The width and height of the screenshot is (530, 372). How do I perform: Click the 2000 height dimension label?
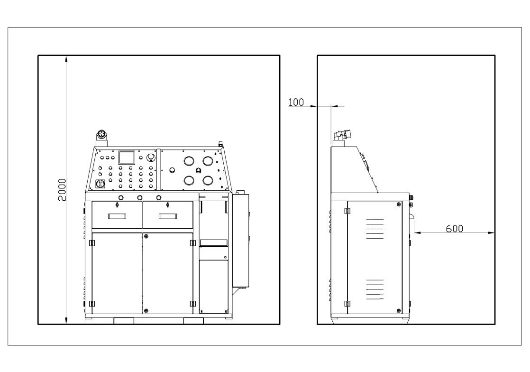click(x=62, y=190)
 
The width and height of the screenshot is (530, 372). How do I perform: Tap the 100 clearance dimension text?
click(x=296, y=102)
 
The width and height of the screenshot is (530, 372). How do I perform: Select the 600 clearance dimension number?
click(x=454, y=229)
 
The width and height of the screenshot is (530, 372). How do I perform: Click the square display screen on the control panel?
click(x=127, y=158)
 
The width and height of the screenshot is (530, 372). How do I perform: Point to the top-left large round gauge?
click(x=189, y=161)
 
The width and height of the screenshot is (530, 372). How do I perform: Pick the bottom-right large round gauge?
click(x=208, y=180)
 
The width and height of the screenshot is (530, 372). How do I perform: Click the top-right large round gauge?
click(x=208, y=161)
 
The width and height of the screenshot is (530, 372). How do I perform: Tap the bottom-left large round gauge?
click(x=189, y=180)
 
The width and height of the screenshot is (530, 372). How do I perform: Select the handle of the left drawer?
click(x=117, y=216)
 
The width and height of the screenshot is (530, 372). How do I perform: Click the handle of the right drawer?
click(x=168, y=216)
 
